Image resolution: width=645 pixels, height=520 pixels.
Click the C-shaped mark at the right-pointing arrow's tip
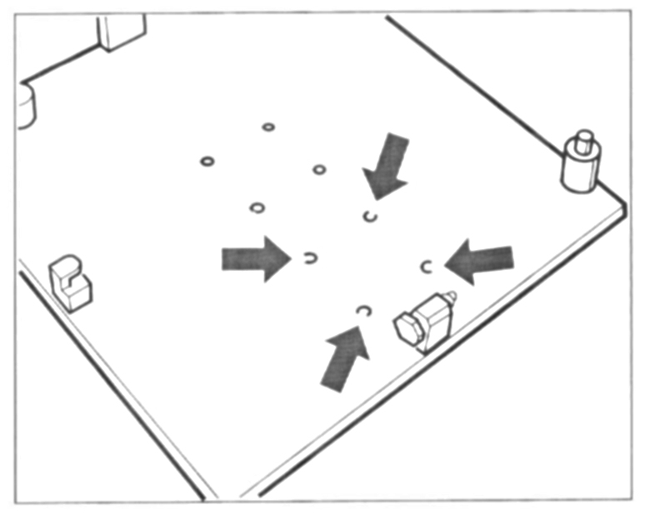click(309, 258)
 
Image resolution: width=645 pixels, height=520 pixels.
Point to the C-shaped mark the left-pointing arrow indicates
click(427, 267)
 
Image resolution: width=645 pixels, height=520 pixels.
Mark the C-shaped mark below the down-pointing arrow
click(371, 217)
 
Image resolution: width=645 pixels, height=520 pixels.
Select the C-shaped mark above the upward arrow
click(362, 311)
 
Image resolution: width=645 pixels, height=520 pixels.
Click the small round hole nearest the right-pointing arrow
click(257, 207)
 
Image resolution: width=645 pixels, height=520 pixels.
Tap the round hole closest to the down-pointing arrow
click(319, 170)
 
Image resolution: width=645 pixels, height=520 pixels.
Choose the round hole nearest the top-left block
click(268, 127)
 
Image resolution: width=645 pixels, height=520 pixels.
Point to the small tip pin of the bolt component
click(451, 295)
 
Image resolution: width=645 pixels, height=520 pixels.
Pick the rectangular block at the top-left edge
click(121, 32)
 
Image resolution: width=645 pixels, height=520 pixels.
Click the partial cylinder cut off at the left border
click(27, 103)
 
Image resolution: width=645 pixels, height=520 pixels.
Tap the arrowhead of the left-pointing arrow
click(457, 262)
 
